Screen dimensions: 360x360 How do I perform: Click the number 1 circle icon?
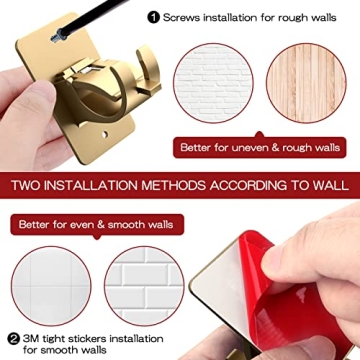[153, 17]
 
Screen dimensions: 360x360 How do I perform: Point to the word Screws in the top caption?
[183, 17]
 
